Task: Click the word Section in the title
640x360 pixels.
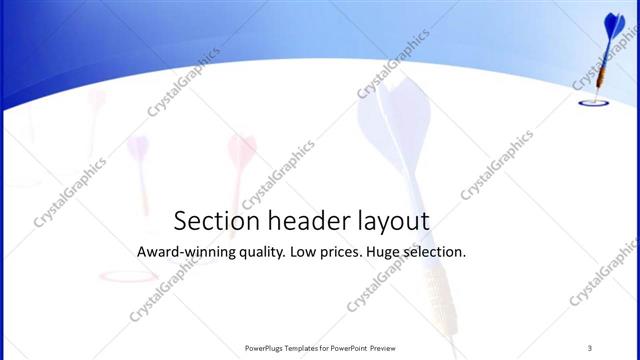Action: coord(211,221)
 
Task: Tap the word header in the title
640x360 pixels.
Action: coord(299,221)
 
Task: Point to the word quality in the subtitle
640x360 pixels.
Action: coord(260,252)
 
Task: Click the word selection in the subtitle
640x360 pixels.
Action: coord(439,252)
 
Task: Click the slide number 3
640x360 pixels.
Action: coord(590,347)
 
